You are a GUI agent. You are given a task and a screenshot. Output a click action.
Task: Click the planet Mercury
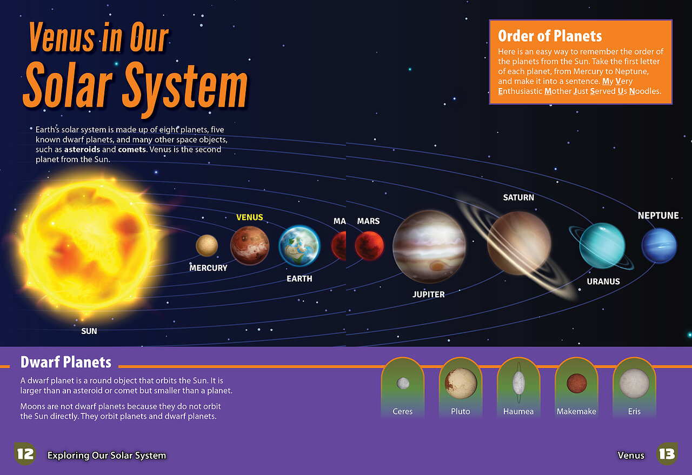coord(207,245)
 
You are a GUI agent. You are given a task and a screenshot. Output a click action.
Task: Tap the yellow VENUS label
coord(250,217)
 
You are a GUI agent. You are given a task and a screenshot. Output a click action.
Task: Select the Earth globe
coord(300,246)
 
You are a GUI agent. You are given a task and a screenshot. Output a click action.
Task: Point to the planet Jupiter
coord(429,247)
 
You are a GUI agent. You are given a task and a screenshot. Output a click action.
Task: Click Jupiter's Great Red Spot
coord(437,266)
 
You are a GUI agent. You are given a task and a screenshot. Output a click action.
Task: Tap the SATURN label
coord(518,198)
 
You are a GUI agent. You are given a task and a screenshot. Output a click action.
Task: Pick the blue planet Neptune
coord(659,246)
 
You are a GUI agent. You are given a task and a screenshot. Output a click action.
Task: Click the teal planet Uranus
coord(602,245)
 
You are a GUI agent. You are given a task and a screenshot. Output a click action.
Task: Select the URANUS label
coord(603,282)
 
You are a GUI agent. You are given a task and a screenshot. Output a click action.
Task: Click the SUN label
coord(89,331)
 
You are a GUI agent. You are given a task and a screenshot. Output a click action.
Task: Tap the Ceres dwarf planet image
coord(403,383)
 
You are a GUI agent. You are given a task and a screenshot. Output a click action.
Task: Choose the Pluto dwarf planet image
coord(461,383)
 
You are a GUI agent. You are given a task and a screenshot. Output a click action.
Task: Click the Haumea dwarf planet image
coord(518,383)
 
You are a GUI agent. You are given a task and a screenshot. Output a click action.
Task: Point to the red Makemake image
coord(576,383)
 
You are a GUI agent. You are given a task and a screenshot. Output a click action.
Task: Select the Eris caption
coord(634,411)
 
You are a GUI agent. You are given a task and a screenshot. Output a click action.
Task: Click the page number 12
coord(25,454)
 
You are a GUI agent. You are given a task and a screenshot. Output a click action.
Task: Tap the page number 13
coord(667,454)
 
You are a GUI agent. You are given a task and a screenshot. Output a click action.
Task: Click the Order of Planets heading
coord(550,36)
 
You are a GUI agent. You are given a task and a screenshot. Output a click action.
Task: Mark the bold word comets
coord(132,150)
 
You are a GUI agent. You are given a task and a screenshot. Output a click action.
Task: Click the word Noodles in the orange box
coord(645,91)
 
